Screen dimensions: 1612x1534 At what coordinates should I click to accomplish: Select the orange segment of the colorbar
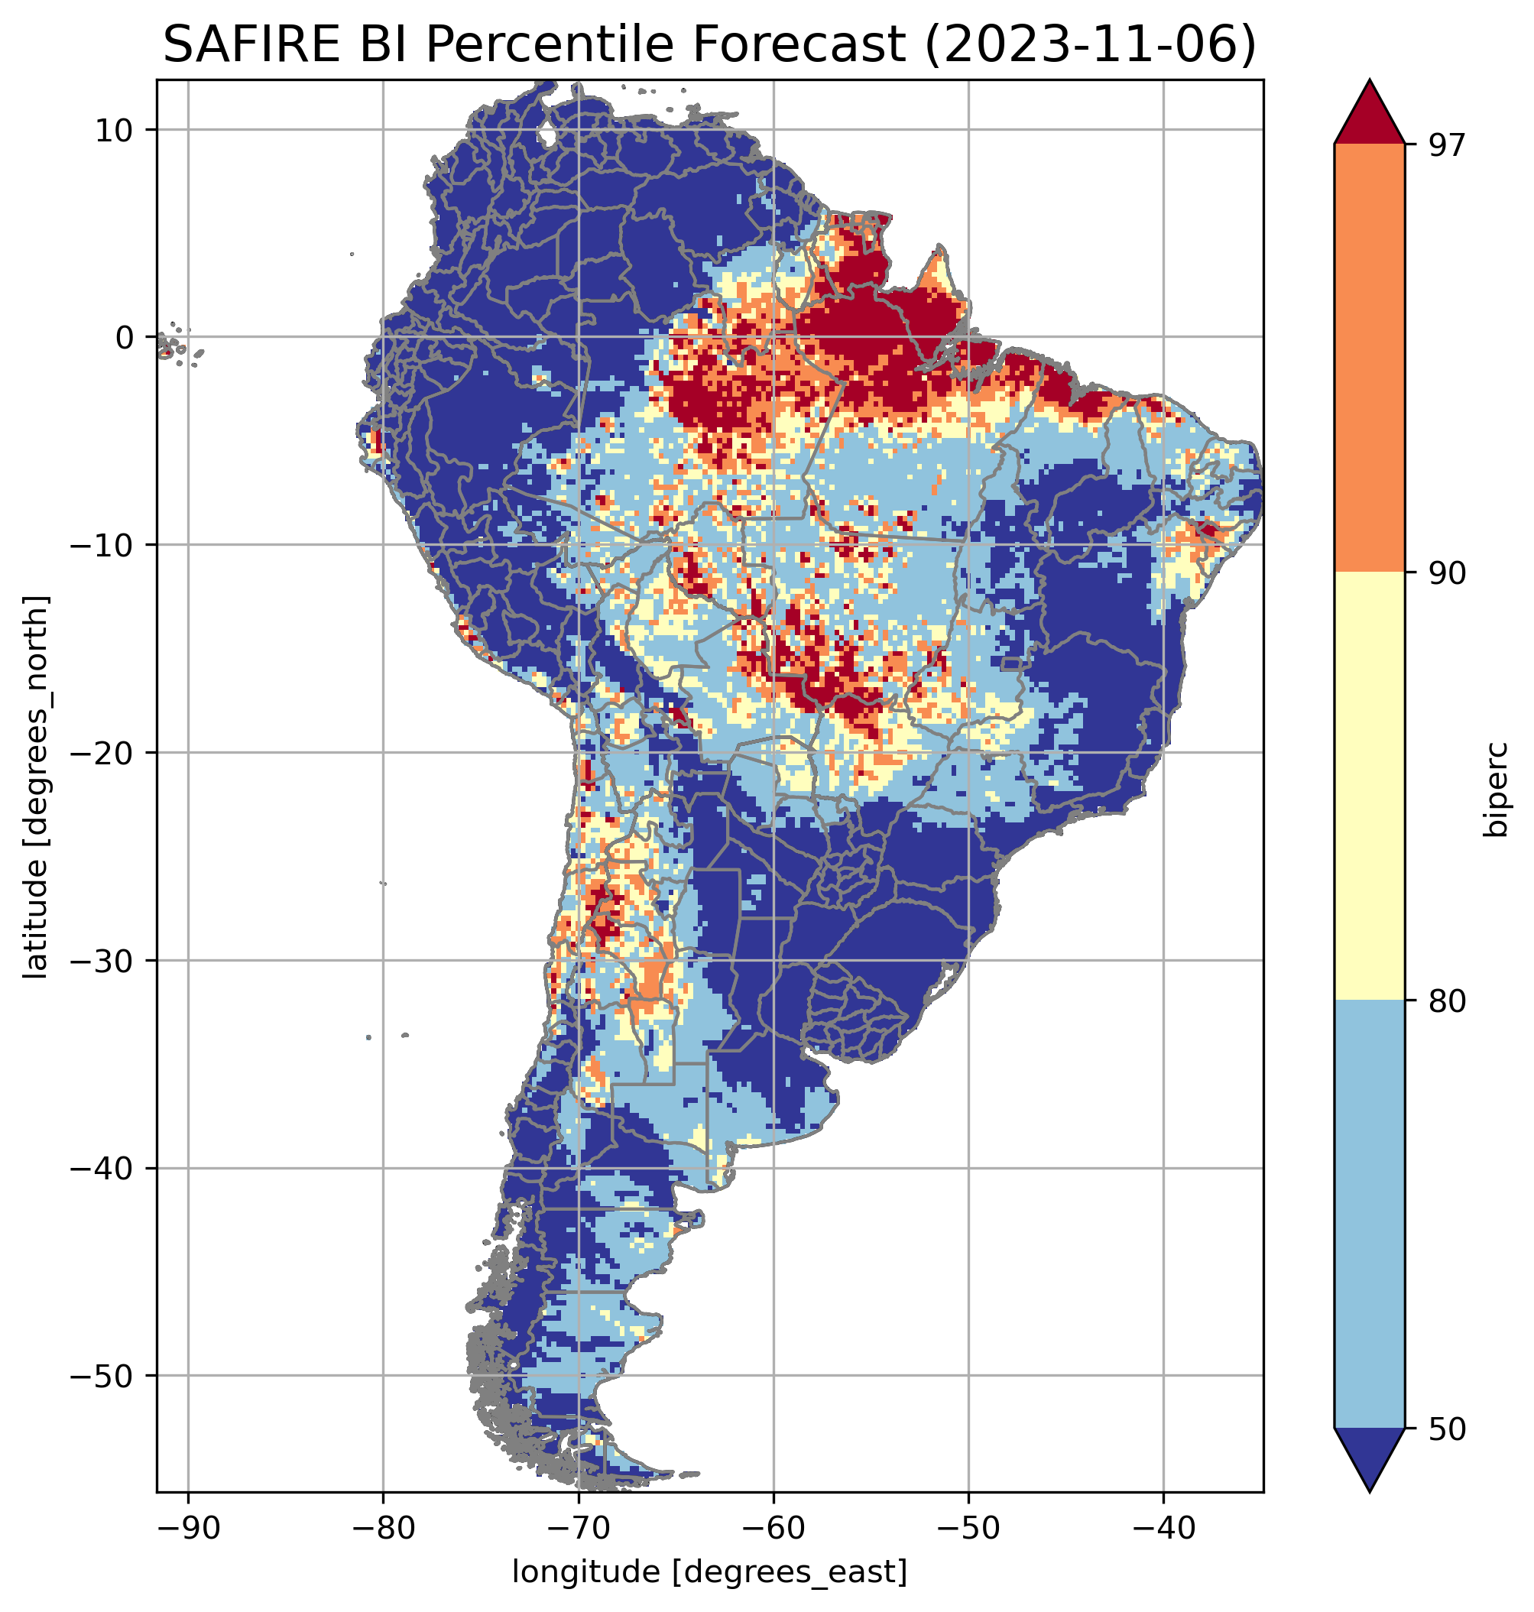[x=1369, y=358]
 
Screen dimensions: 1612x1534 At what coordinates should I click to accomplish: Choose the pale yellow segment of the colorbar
[x=1369, y=785]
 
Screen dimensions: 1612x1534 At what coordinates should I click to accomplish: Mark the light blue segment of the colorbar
[x=1369, y=1215]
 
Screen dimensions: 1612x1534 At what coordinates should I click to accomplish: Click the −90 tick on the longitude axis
[x=188, y=1528]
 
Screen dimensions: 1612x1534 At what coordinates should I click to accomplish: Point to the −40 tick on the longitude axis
[x=1163, y=1528]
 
